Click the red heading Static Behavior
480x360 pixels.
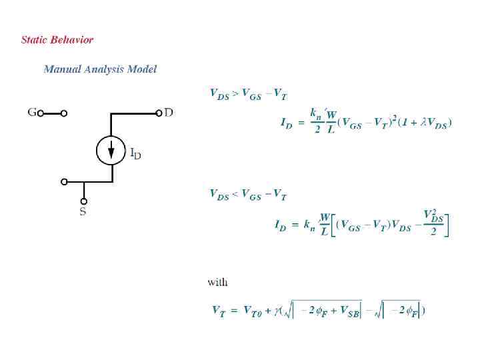(x=57, y=39)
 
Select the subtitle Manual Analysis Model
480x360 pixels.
(x=100, y=69)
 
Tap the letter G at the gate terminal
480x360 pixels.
(x=31, y=113)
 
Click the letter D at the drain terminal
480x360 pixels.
(x=169, y=113)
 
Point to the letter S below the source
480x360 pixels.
(x=83, y=212)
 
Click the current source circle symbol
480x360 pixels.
(x=111, y=150)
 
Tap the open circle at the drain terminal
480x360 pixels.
(x=159, y=113)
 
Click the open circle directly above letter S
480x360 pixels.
(x=83, y=200)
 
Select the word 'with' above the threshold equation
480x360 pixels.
(x=217, y=282)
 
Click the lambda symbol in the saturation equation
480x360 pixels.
(x=423, y=123)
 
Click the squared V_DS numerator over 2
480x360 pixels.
(x=435, y=216)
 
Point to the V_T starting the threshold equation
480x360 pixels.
(x=218, y=311)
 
